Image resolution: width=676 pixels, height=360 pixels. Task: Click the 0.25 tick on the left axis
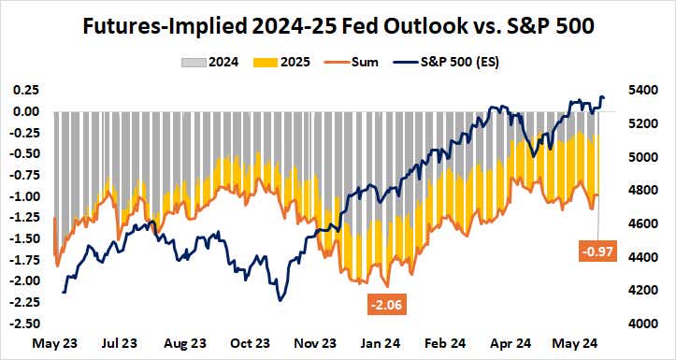pyautogui.click(x=25, y=90)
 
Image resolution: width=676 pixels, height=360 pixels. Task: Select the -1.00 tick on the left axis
pyautogui.click(x=23, y=196)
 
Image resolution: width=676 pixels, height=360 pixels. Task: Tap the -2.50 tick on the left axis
pyautogui.click(x=23, y=324)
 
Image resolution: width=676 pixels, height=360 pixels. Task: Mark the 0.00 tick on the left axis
pyautogui.click(x=25, y=111)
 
